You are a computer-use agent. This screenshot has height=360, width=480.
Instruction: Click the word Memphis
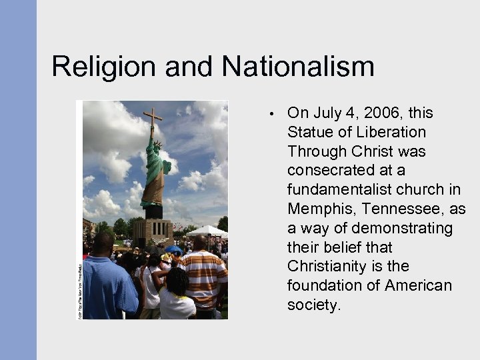point(317,209)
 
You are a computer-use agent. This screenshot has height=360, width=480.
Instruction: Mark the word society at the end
point(313,305)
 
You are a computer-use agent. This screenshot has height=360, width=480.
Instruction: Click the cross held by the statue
point(153,123)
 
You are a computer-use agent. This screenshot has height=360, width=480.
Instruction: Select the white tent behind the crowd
point(207,231)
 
